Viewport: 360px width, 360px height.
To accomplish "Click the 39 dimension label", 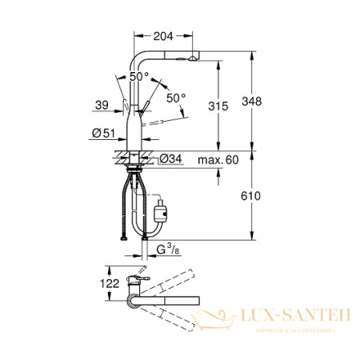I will point(102,105).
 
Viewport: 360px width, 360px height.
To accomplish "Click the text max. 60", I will point(218,160).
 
